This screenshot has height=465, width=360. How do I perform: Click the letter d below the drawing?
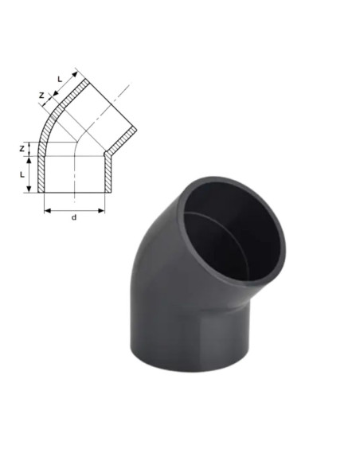[x=74, y=217]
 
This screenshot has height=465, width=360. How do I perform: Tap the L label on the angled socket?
[x=60, y=79]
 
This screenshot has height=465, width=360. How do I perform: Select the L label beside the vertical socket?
[x=22, y=175]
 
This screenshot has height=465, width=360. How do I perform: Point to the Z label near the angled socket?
[x=41, y=96]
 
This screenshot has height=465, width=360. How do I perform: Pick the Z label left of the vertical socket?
[x=22, y=149]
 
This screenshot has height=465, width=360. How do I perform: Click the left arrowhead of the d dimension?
[x=48, y=211]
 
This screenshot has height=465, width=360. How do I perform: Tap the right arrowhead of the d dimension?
[x=101, y=211]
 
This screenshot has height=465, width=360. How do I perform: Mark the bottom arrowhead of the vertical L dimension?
[x=29, y=189]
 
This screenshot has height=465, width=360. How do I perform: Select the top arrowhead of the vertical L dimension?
[x=29, y=160]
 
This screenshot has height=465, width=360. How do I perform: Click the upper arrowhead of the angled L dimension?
[x=74, y=74]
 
